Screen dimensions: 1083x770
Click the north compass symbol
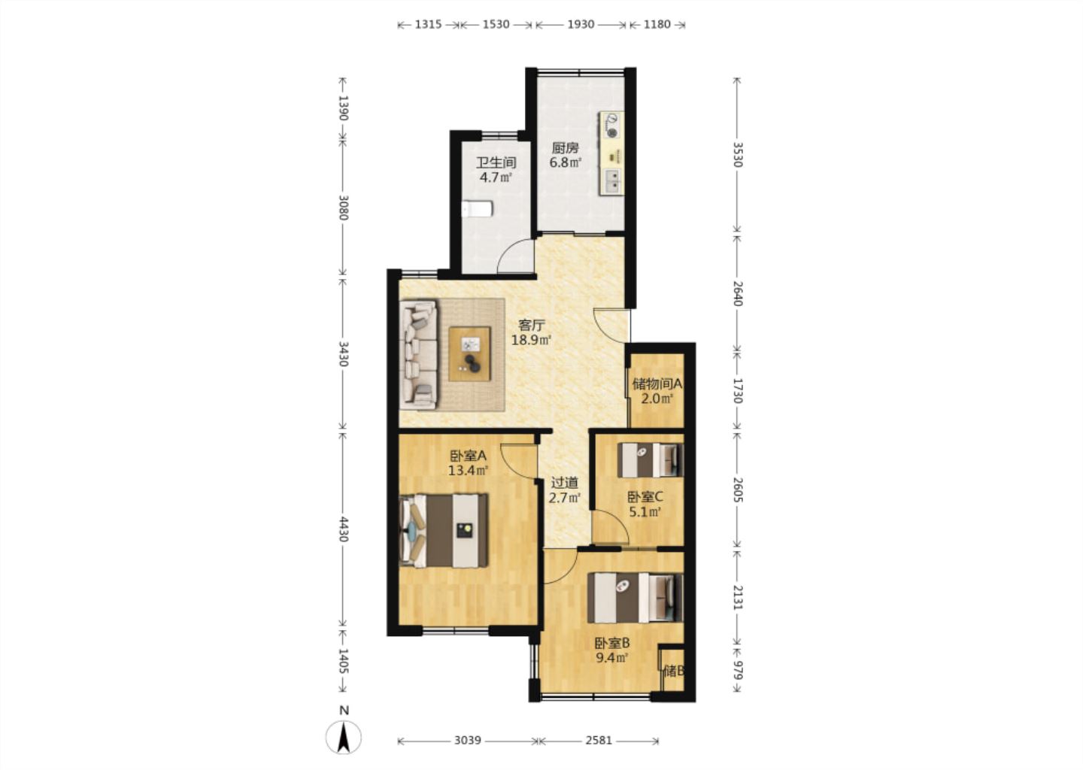point(343,738)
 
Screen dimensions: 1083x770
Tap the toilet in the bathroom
point(477,209)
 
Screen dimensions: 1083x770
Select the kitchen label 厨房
point(566,147)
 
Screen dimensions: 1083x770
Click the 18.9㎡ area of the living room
point(531,340)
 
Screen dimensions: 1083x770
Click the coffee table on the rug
point(469,353)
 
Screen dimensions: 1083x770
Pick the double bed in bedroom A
point(444,530)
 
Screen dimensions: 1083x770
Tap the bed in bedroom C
point(651,460)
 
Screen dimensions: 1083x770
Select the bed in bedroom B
point(636,598)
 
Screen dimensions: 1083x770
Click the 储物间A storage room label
point(657,383)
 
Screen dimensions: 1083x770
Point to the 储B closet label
point(674,671)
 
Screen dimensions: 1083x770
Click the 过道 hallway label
point(565,483)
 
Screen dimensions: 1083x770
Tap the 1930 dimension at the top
point(581,24)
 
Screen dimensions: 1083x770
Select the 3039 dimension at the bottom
point(468,740)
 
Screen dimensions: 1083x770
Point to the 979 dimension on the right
point(737,670)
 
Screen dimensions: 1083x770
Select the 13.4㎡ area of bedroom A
point(468,470)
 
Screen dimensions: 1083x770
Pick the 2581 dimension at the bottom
point(599,740)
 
